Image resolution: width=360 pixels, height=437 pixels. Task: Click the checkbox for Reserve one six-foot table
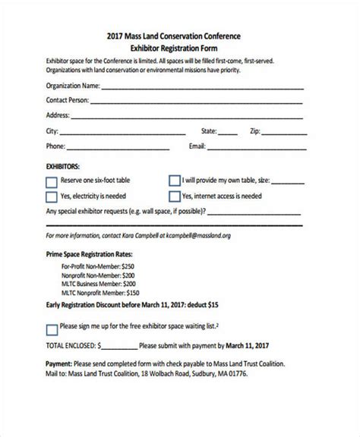[52, 182]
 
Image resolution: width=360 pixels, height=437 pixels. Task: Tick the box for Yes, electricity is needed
[52, 197]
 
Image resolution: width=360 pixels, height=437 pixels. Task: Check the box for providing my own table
[174, 182]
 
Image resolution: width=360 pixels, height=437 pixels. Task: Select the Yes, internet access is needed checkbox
[174, 197]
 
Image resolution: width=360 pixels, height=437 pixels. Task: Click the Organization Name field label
[73, 86]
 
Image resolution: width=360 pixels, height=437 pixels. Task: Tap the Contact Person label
[68, 100]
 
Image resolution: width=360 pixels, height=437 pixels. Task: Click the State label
[208, 130]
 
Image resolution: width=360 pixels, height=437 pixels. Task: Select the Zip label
[267, 130]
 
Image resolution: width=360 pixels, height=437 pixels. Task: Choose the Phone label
[55, 146]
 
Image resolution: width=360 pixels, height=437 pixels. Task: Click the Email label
[197, 146]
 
